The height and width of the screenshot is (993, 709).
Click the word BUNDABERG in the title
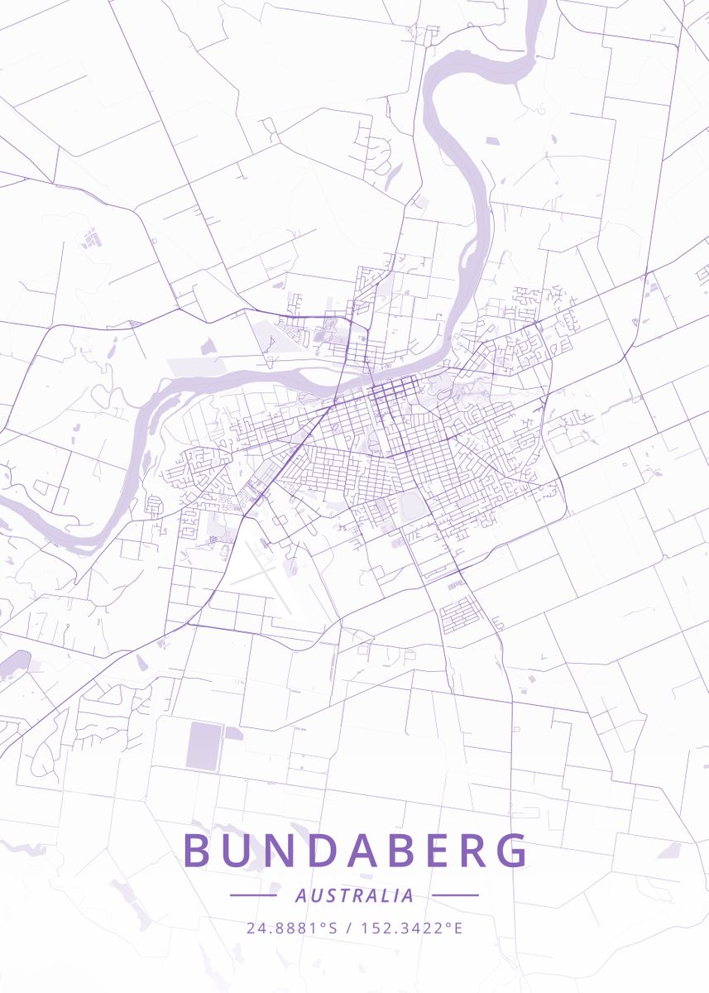[355, 850]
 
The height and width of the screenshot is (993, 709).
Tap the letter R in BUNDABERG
[474, 850]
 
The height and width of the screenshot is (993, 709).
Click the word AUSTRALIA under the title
[354, 895]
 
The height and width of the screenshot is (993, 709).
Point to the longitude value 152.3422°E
[411, 928]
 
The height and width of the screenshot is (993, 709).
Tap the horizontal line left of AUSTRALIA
[253, 895]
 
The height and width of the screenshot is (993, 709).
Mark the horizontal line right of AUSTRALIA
[455, 895]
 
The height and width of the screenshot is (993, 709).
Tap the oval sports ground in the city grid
[411, 506]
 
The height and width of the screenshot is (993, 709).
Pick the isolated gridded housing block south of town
[461, 615]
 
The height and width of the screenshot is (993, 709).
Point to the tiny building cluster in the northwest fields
[90, 239]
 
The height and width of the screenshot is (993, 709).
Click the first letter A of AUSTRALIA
[299, 895]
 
